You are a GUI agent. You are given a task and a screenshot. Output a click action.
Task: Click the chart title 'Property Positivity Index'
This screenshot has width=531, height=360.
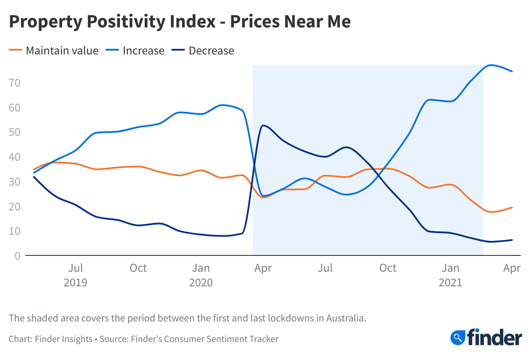[112, 22]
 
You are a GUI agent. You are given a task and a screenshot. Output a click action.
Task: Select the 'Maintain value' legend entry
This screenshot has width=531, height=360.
[62, 51]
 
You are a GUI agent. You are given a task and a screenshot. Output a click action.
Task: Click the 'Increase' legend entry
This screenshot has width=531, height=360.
[143, 51]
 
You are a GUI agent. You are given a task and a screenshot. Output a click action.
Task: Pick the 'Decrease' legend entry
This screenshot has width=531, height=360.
[211, 51]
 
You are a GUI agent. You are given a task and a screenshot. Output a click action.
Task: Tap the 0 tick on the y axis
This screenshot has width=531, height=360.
[18, 256]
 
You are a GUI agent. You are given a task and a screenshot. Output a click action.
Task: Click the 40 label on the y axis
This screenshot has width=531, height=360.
[15, 157]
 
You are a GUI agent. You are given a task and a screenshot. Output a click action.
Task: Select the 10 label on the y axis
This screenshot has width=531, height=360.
[15, 231]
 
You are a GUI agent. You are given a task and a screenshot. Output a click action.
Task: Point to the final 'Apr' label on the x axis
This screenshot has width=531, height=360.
[512, 268]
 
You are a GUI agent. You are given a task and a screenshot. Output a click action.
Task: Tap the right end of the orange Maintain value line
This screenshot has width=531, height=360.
[512, 207]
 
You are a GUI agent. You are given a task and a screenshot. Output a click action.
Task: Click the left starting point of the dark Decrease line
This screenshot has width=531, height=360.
[34, 177]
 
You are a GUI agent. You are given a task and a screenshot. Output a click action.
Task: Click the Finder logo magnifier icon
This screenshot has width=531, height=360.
[457, 337]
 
